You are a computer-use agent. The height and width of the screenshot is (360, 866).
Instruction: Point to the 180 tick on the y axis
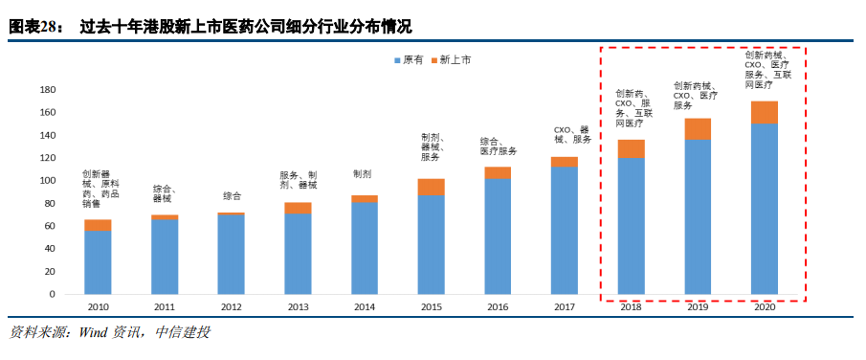pyautogui.click(x=47, y=90)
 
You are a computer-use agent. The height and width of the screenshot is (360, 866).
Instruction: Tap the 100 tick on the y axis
pyautogui.click(x=47, y=181)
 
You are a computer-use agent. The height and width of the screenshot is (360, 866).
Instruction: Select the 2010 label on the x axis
pyautogui.click(x=98, y=307)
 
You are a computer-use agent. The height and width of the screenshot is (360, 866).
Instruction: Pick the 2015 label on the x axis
pyautogui.click(x=431, y=307)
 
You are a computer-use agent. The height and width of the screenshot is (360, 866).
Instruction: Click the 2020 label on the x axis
pyautogui.click(x=764, y=307)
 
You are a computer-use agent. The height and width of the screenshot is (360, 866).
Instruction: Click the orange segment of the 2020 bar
pyautogui.click(x=764, y=113)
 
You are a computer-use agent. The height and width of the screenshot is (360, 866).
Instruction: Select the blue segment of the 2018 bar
pyautogui.click(x=631, y=226)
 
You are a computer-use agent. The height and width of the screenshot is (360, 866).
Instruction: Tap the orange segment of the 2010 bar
pyautogui.click(x=98, y=226)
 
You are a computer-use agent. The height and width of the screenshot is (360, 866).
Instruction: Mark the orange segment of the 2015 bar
pyautogui.click(x=431, y=187)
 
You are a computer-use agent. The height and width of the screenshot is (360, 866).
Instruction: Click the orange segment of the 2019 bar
pyautogui.click(x=698, y=129)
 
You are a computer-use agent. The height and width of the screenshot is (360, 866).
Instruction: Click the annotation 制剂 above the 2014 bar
pyautogui.click(x=363, y=174)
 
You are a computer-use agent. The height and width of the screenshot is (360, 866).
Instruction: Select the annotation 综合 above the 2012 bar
pyautogui.click(x=232, y=195)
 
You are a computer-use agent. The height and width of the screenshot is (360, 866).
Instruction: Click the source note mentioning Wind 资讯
pyautogui.click(x=109, y=332)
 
